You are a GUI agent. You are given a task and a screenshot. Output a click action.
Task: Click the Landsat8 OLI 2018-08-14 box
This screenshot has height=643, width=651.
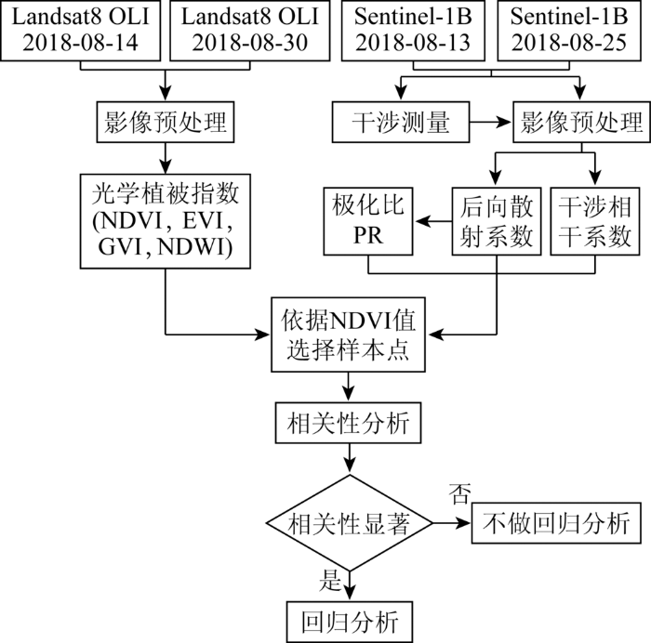click(x=80, y=31)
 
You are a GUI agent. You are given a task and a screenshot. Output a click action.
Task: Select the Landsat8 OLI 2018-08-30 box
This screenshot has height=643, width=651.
click(x=250, y=31)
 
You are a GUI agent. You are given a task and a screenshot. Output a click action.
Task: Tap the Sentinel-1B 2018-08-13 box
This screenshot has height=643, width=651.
click(x=413, y=31)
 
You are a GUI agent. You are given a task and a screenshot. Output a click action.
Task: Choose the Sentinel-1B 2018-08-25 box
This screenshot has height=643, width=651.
click(x=569, y=31)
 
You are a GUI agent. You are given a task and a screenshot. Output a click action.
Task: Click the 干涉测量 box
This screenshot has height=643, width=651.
click(x=401, y=122)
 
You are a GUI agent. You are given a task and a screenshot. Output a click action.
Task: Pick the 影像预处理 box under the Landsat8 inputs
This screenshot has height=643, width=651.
click(x=166, y=122)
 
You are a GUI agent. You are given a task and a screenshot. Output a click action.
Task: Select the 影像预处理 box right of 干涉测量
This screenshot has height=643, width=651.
click(x=581, y=122)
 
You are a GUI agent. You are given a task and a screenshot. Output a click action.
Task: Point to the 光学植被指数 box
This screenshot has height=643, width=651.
click(x=166, y=221)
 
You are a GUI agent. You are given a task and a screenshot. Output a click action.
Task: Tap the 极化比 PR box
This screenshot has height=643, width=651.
click(x=368, y=221)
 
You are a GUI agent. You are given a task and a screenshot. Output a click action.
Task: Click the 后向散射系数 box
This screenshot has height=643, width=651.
click(x=496, y=221)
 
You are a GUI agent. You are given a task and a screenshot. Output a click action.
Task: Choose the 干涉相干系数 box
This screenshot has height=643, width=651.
click(x=594, y=221)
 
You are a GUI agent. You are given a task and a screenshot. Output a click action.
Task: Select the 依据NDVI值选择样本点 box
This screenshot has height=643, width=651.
click(x=348, y=335)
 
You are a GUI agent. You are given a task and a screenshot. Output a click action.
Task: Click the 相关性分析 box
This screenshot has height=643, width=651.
click(x=348, y=423)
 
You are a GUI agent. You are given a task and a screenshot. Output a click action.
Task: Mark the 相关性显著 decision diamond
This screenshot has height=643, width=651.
click(x=349, y=523)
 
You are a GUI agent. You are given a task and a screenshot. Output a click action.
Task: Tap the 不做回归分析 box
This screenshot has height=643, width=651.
click(x=556, y=523)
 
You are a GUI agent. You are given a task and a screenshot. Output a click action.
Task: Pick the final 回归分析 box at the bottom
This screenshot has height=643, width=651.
click(x=350, y=622)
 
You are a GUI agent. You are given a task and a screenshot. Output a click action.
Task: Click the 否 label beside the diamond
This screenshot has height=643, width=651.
click(x=460, y=493)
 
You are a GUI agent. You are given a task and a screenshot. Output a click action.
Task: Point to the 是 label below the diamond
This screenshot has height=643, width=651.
click(x=330, y=580)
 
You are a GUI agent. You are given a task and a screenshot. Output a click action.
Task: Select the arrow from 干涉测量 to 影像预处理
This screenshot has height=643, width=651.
click(x=490, y=122)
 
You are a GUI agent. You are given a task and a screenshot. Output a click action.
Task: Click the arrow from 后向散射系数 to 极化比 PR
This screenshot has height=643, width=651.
click(x=432, y=221)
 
